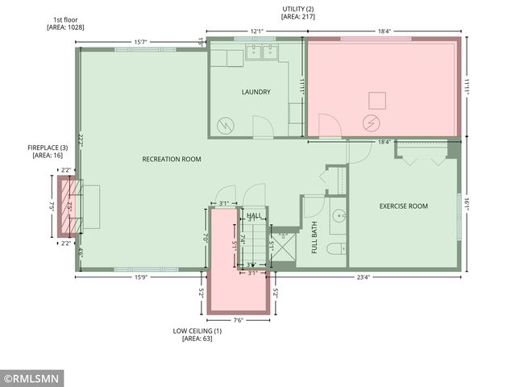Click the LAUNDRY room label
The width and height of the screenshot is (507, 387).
coord(256,92)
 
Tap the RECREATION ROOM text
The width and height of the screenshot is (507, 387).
coord(171,159)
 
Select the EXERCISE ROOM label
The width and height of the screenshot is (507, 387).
coord(403,206)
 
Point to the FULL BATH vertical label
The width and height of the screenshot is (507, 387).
coord(314,242)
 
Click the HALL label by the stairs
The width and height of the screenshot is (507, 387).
coord(254,215)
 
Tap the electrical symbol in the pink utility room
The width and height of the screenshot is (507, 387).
coord(372,123)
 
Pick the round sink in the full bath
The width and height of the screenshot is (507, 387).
coord(339,215)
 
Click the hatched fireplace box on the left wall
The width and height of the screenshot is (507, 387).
coord(65,207)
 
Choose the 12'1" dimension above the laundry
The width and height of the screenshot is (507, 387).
coord(256,31)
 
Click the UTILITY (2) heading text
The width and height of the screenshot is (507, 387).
coord(297,12)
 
